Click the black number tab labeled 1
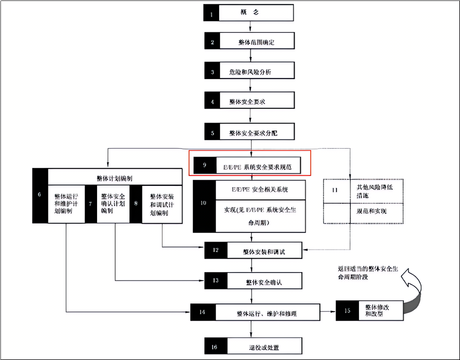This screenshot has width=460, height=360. [x=211, y=13]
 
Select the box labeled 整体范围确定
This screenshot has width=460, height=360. [x=256, y=43]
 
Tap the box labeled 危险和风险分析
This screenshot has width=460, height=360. [x=256, y=72]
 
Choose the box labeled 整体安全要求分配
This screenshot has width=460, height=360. [x=256, y=133]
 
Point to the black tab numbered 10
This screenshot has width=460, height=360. [x=204, y=203]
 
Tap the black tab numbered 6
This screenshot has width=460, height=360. [x=40, y=195]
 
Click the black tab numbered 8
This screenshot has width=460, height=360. [x=135, y=203]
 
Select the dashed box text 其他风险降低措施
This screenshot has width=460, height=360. [x=371, y=191]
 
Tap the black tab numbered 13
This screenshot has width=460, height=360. [x=216, y=281]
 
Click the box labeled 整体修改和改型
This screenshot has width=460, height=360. [x=376, y=310]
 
